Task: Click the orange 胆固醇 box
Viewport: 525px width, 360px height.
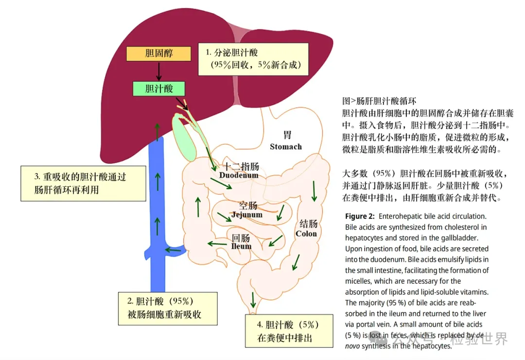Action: click(x=159, y=54)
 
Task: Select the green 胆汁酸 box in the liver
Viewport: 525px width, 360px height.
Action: click(x=159, y=88)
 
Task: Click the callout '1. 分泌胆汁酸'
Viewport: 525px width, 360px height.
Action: click(x=253, y=59)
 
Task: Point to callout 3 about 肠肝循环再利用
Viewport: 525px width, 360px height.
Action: click(x=83, y=183)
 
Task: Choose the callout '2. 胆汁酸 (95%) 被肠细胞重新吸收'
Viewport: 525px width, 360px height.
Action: click(x=168, y=308)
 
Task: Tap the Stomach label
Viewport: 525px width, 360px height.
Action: click(x=286, y=146)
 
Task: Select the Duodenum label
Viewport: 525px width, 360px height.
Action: click(x=239, y=175)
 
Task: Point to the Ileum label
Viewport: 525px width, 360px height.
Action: click(x=241, y=246)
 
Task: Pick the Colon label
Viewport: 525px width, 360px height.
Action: click(x=306, y=234)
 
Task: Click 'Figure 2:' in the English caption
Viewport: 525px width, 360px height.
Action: click(x=360, y=216)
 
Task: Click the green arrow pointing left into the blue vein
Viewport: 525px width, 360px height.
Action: click(x=173, y=250)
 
